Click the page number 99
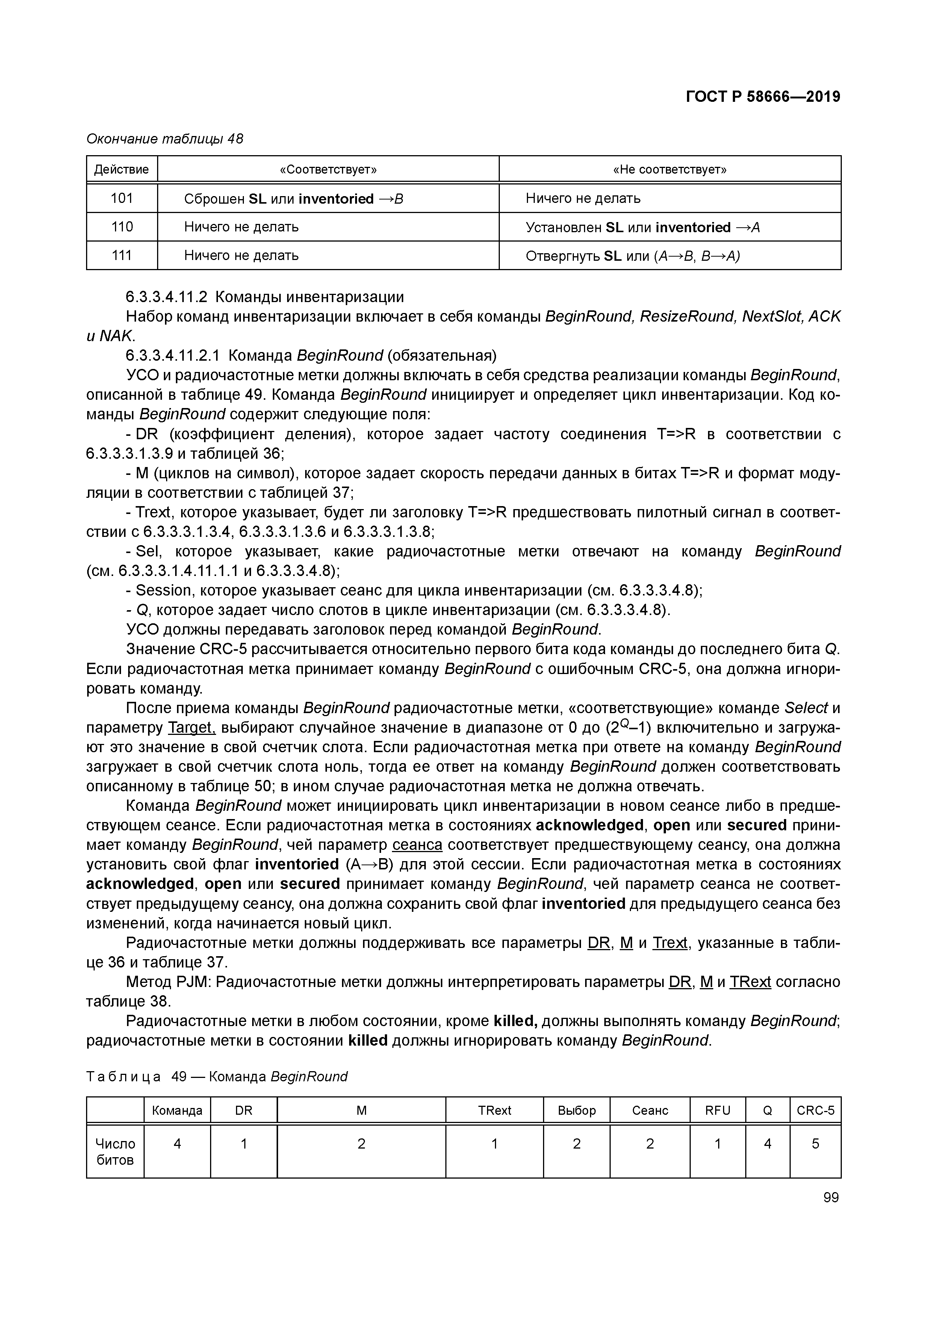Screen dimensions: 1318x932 (831, 1197)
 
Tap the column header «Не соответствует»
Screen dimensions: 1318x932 (670, 169)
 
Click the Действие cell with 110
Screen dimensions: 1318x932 (122, 227)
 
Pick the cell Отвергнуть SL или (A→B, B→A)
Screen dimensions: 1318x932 (632, 256)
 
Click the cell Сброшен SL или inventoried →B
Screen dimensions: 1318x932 (294, 199)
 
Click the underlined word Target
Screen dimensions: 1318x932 (191, 728)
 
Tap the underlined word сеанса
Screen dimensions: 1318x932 (418, 845)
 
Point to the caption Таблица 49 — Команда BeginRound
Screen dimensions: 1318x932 (217, 1076)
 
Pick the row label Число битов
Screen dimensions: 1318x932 (115, 1152)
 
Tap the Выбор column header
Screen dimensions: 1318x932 (576, 1110)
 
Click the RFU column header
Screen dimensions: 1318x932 (717, 1110)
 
